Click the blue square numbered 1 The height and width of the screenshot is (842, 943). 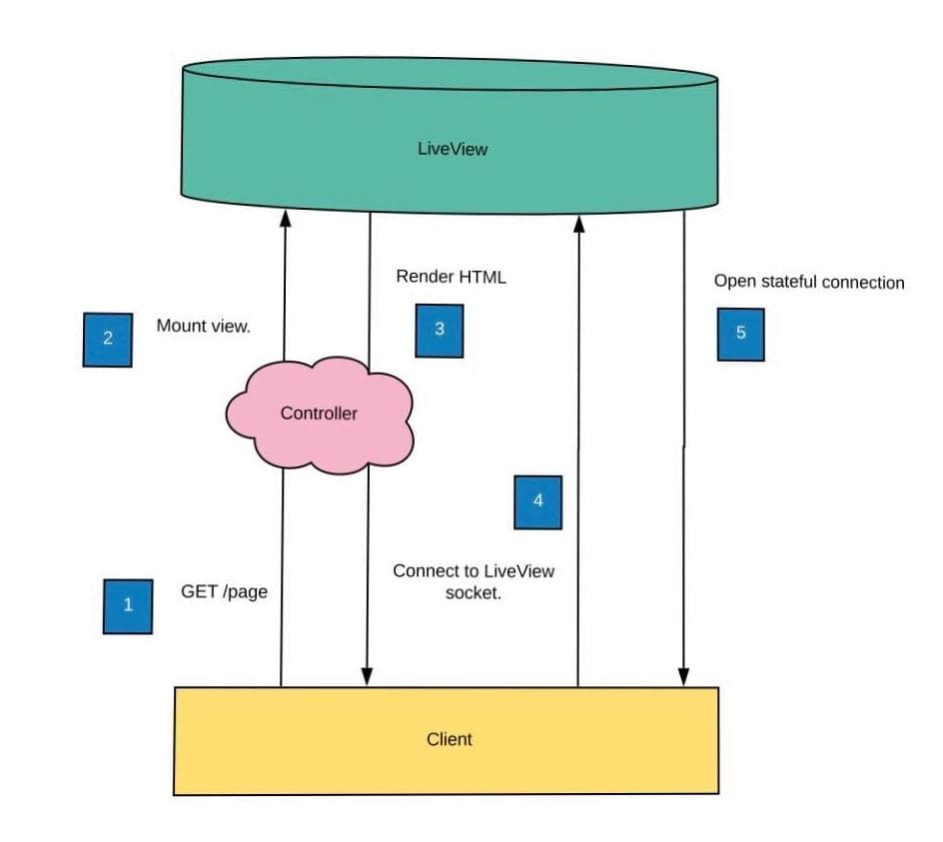click(x=128, y=605)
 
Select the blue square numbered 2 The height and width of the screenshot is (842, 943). click(x=107, y=339)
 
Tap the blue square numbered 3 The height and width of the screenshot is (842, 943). click(x=440, y=330)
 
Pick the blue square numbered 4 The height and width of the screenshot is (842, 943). click(x=537, y=501)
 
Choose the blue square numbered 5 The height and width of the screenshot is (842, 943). click(x=740, y=334)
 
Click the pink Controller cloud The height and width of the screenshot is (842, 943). click(x=319, y=414)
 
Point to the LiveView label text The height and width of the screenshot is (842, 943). click(x=453, y=149)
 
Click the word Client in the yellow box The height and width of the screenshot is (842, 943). click(x=449, y=739)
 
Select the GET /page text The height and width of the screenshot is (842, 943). click(x=224, y=591)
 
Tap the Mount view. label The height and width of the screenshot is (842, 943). click(x=203, y=326)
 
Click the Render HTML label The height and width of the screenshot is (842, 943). click(x=451, y=277)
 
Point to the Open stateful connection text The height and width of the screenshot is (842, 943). click(x=808, y=282)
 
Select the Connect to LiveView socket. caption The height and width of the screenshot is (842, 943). click(x=472, y=582)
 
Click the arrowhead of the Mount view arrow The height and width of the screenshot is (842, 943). click(x=285, y=217)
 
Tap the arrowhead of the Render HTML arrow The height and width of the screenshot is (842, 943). click(x=367, y=678)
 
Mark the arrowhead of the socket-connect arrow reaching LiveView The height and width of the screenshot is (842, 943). click(x=578, y=218)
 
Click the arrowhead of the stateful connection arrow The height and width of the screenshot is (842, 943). click(x=684, y=678)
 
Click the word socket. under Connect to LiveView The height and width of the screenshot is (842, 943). click(x=472, y=594)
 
